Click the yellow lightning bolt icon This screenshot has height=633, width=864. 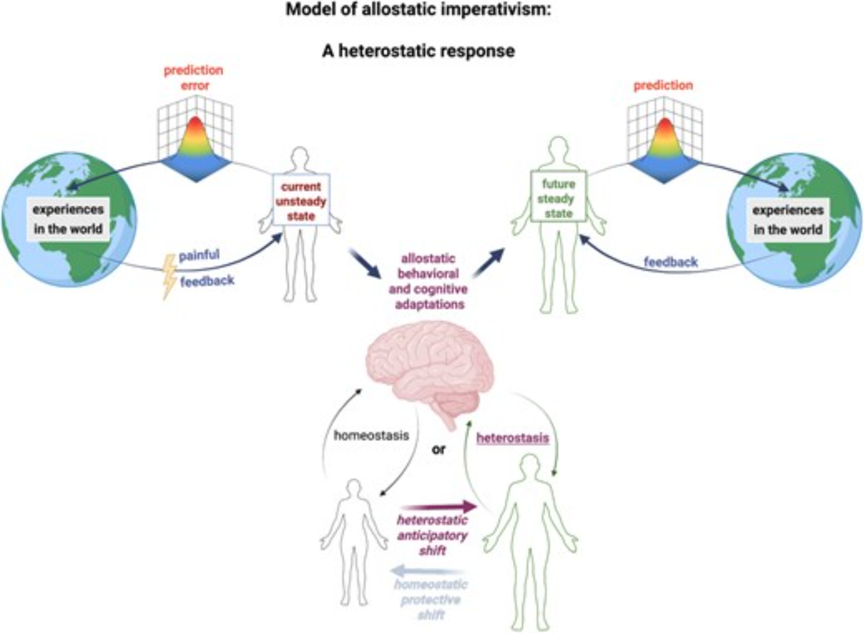169,277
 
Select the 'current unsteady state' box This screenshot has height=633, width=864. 301,200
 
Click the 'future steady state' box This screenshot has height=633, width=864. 558,198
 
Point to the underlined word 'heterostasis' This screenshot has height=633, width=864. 512,438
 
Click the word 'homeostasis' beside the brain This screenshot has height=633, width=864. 371,435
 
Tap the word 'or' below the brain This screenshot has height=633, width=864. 438,450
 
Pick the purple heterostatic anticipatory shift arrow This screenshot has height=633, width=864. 438,506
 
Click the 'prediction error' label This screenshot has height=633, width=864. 194,77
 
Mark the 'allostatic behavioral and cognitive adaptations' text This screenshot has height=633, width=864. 429,281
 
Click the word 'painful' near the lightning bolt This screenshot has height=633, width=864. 199,255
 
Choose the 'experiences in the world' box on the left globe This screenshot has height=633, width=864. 68,219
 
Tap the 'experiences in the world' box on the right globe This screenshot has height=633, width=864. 788,219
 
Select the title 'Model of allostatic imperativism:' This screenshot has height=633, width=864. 418,10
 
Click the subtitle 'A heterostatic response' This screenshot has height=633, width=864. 418,51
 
